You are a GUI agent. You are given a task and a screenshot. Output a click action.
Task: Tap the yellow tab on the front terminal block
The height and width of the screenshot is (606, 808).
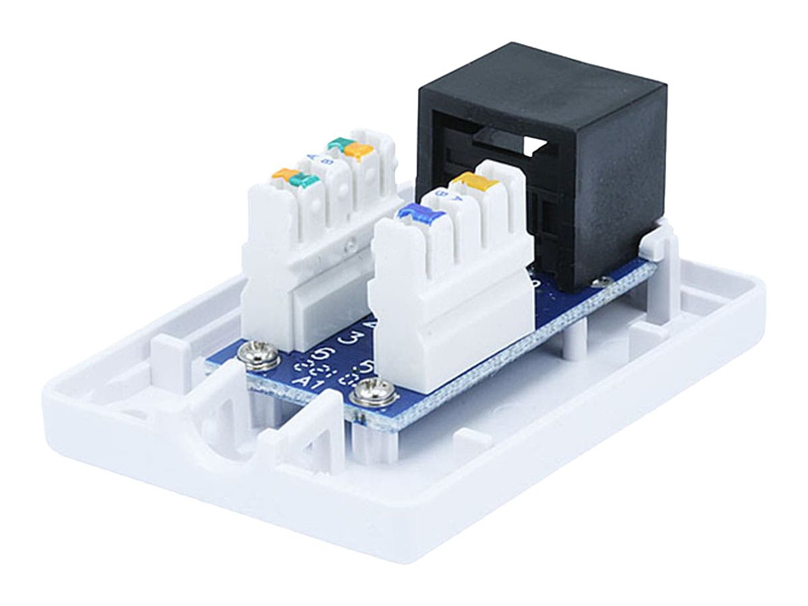(475, 180)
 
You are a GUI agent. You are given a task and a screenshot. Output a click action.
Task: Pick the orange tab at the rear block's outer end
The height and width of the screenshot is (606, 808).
(283, 174)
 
